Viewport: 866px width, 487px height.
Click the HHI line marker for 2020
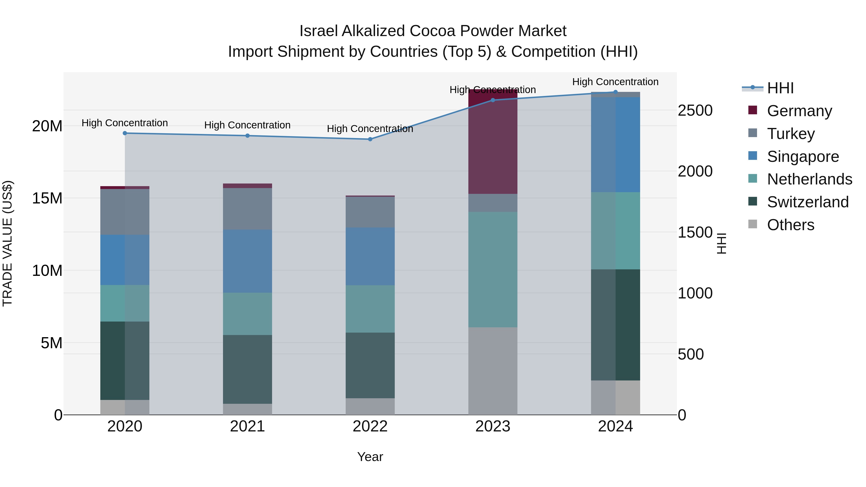pos(125,133)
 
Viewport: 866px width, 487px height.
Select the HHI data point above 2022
pos(370,139)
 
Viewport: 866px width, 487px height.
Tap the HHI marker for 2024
pos(616,92)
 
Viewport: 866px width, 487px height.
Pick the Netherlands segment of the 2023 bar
pos(493,270)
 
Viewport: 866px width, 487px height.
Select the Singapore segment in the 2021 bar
pos(248,261)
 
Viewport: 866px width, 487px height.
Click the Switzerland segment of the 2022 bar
pos(370,365)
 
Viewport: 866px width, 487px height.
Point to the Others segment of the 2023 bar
pos(493,371)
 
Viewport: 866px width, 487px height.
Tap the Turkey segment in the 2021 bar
pos(248,209)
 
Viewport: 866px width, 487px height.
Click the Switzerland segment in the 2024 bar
pos(616,325)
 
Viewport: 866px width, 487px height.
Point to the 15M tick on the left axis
pos(47,198)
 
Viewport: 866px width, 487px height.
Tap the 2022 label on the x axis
pos(370,426)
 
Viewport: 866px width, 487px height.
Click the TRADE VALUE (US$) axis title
pos(7,243)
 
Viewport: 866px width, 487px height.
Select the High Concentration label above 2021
pos(248,125)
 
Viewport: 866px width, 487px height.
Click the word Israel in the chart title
pos(318,31)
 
